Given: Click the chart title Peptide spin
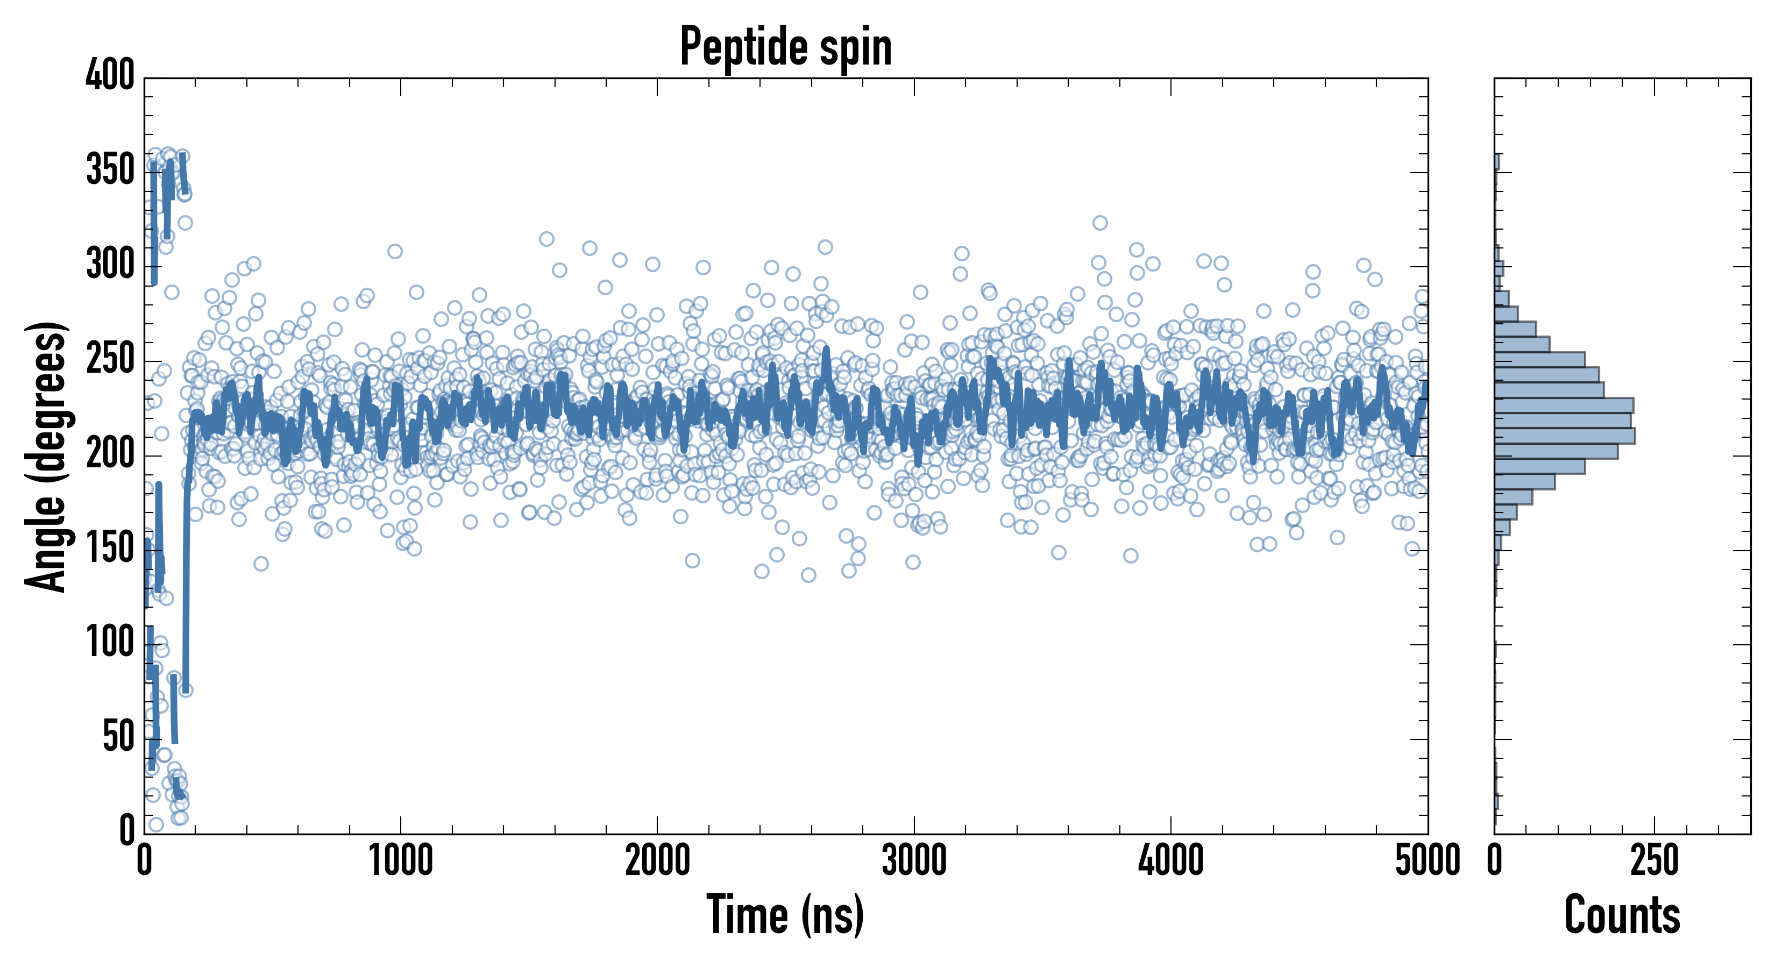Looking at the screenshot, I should point(785,47).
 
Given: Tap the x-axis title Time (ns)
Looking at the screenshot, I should point(785,915).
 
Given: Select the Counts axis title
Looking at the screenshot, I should point(1622,915).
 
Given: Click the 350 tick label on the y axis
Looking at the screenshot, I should point(110,169).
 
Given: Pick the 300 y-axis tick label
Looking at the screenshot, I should point(110,264).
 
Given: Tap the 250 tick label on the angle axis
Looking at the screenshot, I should point(110,359).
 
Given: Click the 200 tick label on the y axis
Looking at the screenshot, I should point(110,454).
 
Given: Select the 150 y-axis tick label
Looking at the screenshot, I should point(110,549).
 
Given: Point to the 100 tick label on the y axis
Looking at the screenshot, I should point(110,643).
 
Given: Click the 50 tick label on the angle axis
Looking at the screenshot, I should point(118,737).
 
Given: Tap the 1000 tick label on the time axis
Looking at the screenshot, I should point(401,861).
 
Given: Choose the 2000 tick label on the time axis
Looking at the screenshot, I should point(657,861).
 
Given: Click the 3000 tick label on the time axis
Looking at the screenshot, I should point(914,861).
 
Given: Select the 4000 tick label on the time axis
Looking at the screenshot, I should point(1171,861).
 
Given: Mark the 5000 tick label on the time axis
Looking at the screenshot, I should point(1428,861).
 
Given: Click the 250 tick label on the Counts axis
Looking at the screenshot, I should point(1655,861).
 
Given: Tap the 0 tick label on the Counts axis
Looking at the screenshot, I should point(1495,861).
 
